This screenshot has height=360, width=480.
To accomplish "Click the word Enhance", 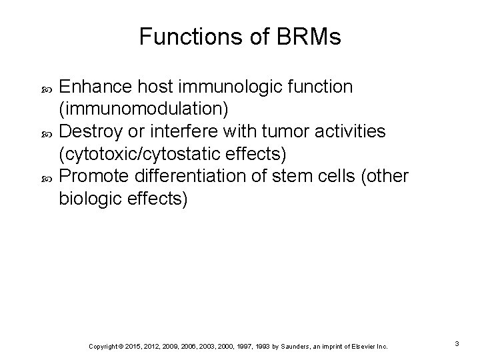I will pyautogui.click(x=95, y=87).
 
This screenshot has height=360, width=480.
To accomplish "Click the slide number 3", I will pyautogui.click(x=457, y=343).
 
